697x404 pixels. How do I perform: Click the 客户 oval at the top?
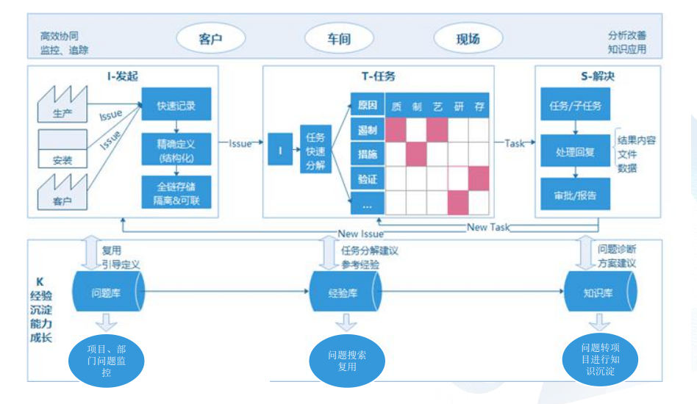(x=210, y=40)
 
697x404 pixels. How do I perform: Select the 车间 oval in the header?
(x=338, y=40)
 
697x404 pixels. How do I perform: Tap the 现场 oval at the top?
(x=468, y=40)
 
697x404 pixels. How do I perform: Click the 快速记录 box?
(x=176, y=105)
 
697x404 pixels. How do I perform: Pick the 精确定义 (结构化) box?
(x=176, y=148)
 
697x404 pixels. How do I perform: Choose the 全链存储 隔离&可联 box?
(x=176, y=190)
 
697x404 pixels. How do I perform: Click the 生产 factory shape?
(x=62, y=105)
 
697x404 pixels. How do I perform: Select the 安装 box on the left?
(x=62, y=151)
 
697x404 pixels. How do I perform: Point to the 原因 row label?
(x=367, y=105)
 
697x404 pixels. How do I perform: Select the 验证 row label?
(x=367, y=179)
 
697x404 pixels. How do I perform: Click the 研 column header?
(x=459, y=107)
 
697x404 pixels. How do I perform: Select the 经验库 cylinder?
(x=343, y=291)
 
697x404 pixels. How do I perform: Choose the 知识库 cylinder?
(x=598, y=291)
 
